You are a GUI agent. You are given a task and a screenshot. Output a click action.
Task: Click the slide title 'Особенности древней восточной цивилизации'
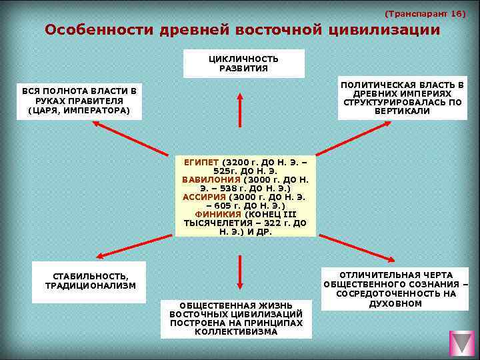coord(242,30)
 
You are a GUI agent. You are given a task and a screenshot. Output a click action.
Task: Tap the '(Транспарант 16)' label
coord(425,13)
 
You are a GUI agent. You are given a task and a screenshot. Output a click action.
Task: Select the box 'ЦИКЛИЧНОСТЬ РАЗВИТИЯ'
coord(243,63)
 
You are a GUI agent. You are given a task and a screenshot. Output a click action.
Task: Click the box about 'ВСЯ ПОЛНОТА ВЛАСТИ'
coord(79,101)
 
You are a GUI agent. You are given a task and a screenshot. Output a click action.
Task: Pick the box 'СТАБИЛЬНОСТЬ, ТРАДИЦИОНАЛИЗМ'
coord(89,281)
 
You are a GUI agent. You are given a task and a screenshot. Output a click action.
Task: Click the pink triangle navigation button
coord(461,343)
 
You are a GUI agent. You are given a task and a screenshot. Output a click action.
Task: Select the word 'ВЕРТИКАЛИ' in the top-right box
coord(402,111)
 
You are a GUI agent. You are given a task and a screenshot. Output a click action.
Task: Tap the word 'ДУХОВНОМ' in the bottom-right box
coord(395,303)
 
